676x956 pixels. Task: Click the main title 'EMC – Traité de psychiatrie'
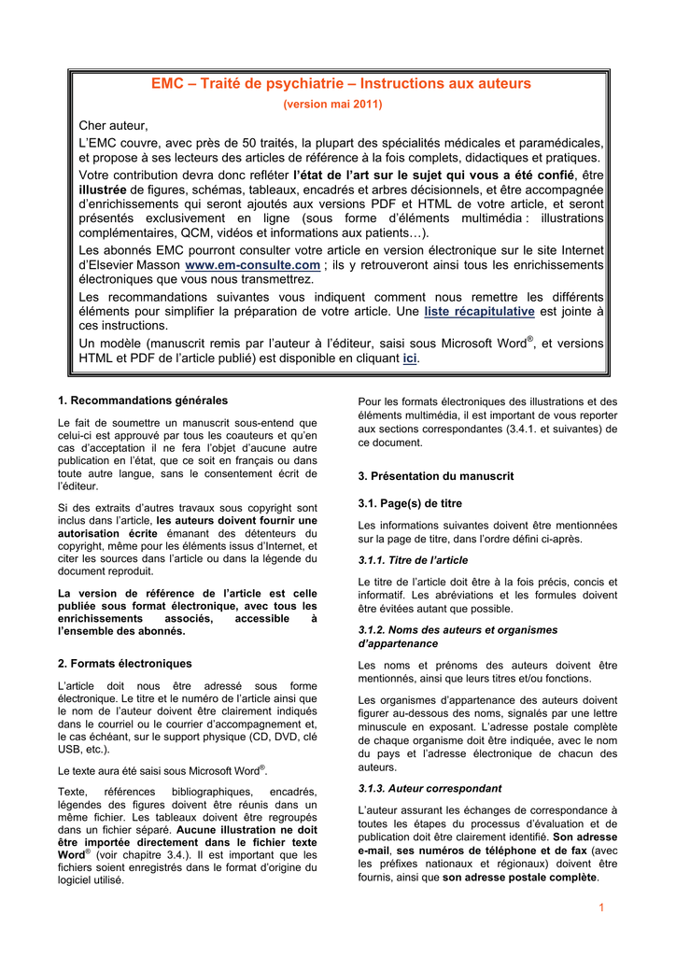coord(341,84)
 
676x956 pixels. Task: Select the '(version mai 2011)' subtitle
coord(341,104)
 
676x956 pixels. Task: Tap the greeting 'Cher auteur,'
coord(113,125)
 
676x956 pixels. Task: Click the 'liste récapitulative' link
coord(479,311)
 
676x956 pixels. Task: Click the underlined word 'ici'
coord(409,358)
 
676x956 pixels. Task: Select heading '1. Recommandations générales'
coord(142,401)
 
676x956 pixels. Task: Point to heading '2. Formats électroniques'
coord(124,664)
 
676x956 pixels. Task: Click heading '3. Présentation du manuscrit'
coord(436,476)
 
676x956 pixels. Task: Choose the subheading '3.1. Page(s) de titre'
coord(410,503)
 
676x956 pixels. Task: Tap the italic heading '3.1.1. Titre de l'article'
coord(413,560)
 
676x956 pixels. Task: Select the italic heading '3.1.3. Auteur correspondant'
coord(430,788)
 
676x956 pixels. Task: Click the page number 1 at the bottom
coord(602,908)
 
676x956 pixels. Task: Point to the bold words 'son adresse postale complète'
coord(520,878)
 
